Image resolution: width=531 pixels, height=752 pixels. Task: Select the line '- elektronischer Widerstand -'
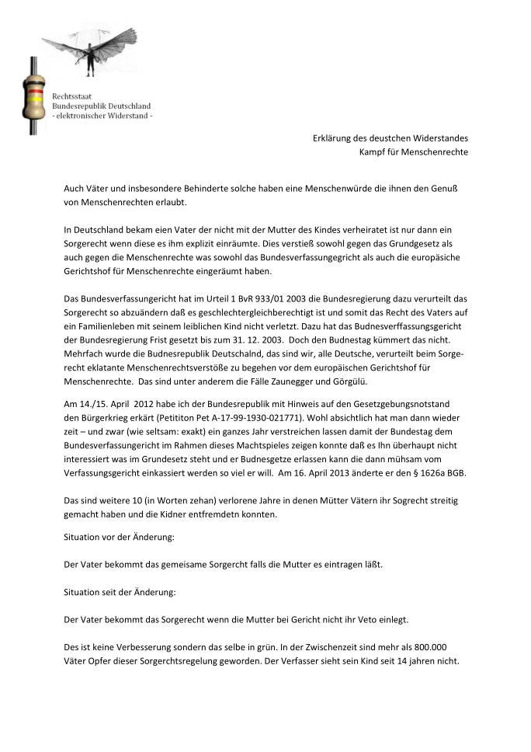pyautogui.click(x=102, y=116)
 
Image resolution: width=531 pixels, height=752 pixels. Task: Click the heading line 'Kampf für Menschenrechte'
pyautogui.click(x=413, y=151)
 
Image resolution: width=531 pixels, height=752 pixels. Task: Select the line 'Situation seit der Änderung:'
pyautogui.click(x=120, y=592)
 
